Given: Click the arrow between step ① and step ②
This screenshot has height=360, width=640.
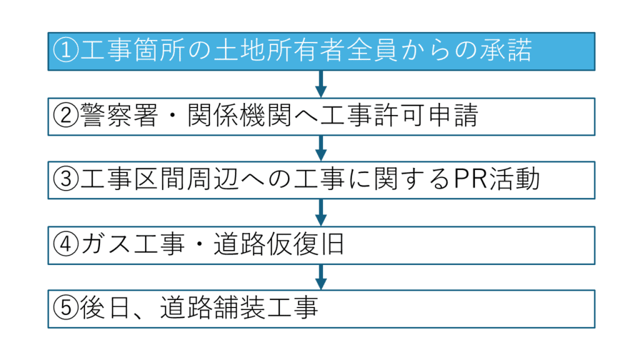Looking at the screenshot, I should click(x=321, y=84).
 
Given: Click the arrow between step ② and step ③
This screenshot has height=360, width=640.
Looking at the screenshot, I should click(x=321, y=148).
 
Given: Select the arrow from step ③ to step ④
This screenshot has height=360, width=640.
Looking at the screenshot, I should click(x=321, y=212).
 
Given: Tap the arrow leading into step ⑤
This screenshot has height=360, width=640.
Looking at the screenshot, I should click(x=321, y=277).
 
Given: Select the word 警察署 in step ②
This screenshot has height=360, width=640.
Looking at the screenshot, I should click(x=119, y=116).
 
